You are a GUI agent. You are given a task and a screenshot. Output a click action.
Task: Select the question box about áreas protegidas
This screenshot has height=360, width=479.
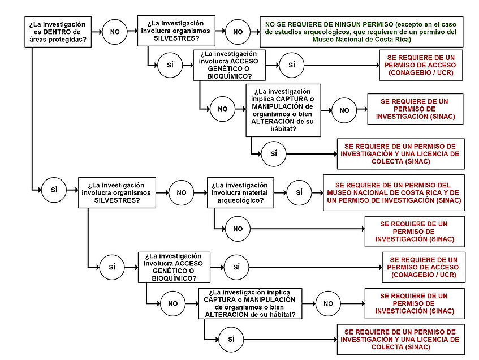(58, 32)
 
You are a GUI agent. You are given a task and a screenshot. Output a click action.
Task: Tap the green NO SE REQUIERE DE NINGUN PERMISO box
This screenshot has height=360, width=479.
(361, 32)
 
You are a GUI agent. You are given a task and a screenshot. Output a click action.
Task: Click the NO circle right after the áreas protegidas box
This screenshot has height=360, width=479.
(115, 32)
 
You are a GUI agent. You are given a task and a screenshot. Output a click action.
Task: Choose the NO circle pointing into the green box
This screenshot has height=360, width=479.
(238, 32)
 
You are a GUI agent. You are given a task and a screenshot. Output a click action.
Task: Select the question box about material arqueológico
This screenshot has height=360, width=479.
(240, 192)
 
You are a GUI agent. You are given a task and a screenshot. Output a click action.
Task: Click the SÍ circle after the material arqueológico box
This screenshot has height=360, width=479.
(299, 192)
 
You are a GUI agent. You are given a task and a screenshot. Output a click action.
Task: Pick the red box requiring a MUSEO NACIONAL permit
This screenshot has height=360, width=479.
(394, 192)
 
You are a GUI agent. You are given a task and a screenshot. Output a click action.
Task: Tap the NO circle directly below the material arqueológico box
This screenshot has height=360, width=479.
(238, 229)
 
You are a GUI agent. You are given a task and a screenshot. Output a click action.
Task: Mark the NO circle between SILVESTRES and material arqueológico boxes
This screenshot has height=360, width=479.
(182, 192)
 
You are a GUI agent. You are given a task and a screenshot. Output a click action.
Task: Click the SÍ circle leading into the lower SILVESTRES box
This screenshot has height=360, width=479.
(54, 190)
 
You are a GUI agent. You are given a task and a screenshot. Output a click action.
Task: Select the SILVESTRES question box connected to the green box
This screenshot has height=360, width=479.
(176, 31)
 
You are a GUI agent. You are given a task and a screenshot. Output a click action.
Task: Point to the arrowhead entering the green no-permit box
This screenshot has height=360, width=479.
(258, 32)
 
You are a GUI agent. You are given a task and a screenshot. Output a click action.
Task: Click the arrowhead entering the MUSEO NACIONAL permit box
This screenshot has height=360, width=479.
(321, 192)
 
